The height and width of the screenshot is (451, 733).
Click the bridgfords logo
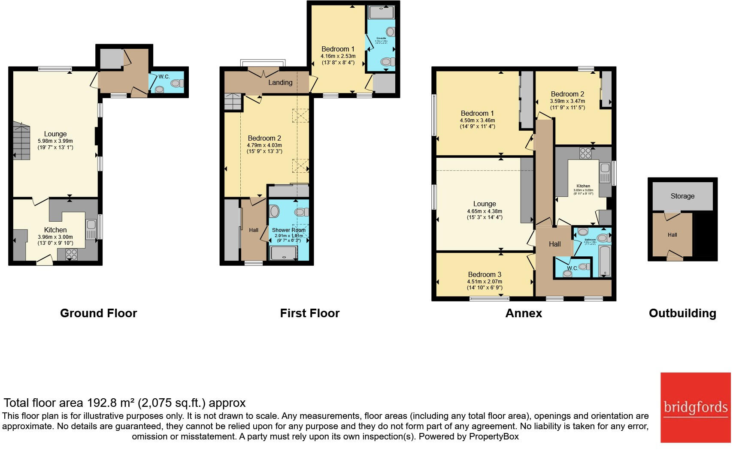point(695,407)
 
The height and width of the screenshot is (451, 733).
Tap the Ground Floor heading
point(98,313)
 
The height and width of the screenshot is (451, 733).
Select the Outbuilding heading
point(682,313)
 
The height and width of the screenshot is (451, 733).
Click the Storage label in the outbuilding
point(682,196)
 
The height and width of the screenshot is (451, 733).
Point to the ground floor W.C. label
point(164,77)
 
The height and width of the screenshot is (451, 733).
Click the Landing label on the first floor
point(280,82)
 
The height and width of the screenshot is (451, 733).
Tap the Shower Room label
point(288,230)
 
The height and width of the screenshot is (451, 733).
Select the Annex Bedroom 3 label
point(484,274)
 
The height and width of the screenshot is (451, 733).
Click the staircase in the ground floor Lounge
point(21,141)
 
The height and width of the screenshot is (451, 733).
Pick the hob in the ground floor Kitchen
point(71,254)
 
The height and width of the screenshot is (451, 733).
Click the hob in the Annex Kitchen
point(585,153)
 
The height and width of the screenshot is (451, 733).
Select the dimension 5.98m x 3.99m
point(55,141)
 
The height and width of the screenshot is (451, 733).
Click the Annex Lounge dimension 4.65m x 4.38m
point(484,211)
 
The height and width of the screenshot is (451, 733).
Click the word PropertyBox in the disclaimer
point(494,436)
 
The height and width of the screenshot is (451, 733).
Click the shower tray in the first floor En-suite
point(381,12)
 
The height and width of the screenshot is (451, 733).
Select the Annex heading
point(523,313)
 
